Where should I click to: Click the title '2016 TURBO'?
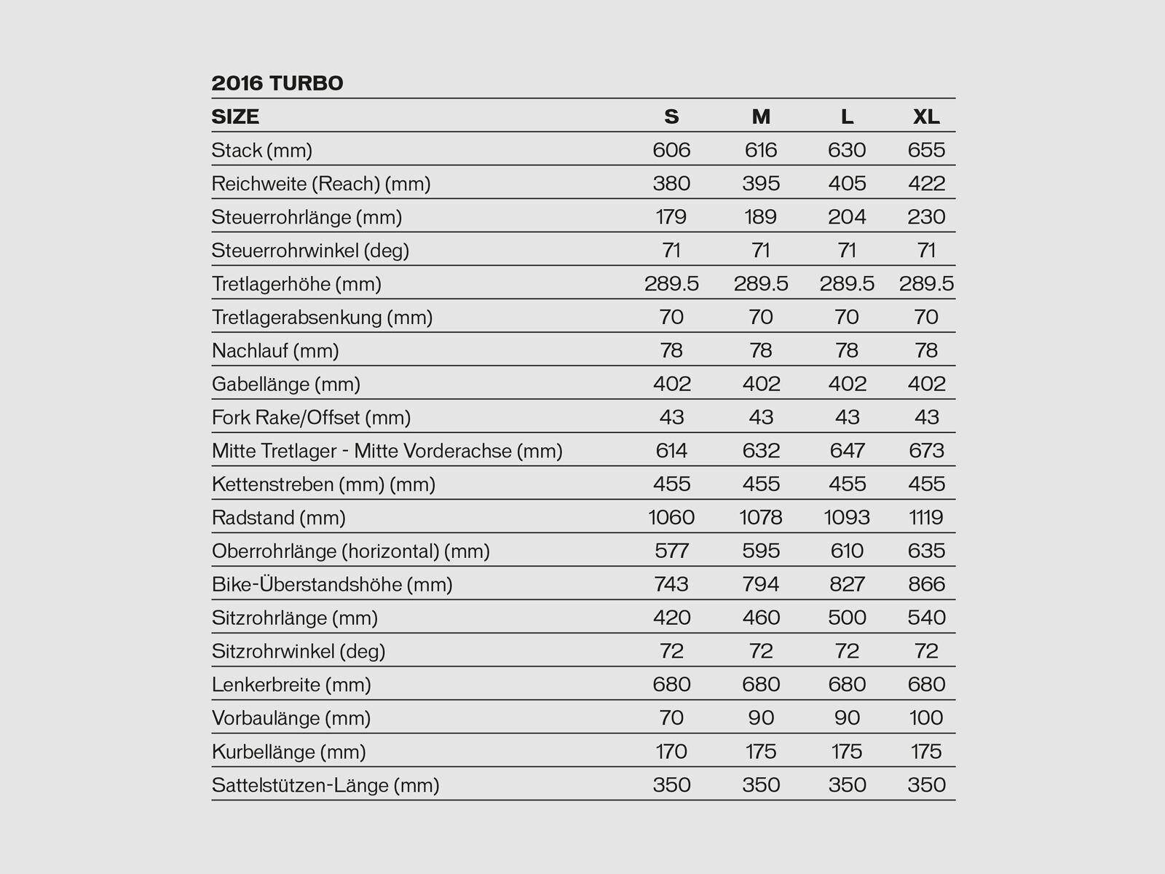[x=277, y=83]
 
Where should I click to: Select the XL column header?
[x=926, y=117]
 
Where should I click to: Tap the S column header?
[x=671, y=117]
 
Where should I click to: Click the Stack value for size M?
[x=761, y=150]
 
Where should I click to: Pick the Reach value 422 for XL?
[x=926, y=184]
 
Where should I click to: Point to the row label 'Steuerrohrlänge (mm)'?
[x=307, y=217]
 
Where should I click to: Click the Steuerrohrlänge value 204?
[x=847, y=217]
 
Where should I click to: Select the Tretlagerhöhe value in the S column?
[x=671, y=284]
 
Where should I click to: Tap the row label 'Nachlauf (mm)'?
[x=275, y=351]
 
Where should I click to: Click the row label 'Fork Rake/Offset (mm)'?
[x=311, y=418]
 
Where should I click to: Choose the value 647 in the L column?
[x=847, y=451]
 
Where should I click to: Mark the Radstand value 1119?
[x=926, y=518]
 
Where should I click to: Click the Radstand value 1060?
[x=671, y=518]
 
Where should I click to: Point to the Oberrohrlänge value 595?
[x=761, y=551]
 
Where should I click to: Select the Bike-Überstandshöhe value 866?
[x=926, y=585]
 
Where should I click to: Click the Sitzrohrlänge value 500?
[x=847, y=618]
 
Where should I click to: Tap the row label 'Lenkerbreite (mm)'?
[x=291, y=685]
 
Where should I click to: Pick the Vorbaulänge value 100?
[x=926, y=718]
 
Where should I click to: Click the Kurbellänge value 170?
[x=671, y=752]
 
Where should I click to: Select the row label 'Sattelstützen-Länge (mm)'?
[x=325, y=785]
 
